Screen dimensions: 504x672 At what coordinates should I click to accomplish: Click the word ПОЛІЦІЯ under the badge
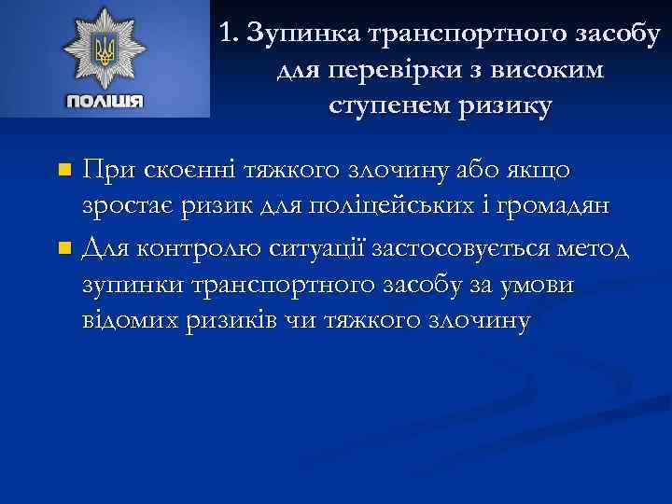click(105, 101)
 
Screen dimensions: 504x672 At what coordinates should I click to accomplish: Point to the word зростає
click(122, 207)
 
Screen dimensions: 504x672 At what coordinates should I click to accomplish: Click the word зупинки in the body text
click(131, 286)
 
